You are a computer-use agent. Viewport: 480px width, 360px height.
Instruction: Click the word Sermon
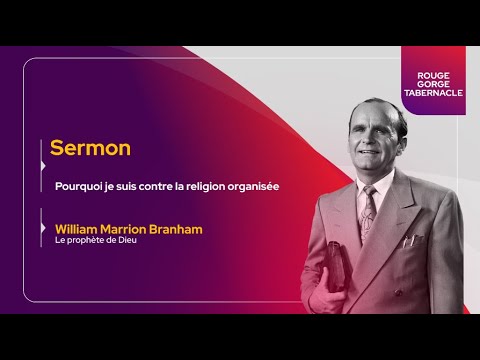[x=91, y=148]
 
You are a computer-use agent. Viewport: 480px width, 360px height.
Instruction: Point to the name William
[x=81, y=229]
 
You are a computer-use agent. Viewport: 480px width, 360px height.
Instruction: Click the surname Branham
[x=175, y=229]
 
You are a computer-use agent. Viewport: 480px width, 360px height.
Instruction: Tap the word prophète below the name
[x=91, y=241]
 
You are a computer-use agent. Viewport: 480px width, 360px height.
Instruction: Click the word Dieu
[x=127, y=241]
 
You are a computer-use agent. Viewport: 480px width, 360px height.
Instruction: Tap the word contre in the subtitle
[x=148, y=186]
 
